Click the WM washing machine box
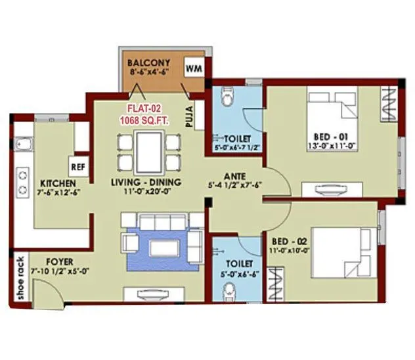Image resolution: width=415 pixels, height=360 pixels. click(194, 67)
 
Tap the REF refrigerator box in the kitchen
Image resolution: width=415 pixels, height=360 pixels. click(78, 166)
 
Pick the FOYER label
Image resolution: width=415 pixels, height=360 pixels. click(41, 261)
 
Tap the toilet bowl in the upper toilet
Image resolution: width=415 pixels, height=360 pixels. click(226, 99)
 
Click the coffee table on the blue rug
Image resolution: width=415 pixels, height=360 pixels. click(160, 247)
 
